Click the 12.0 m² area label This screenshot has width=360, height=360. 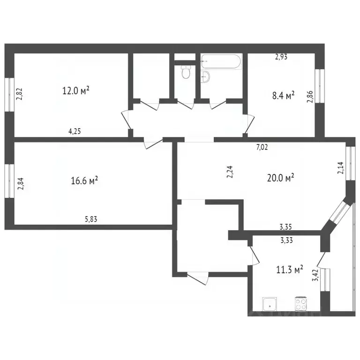tap(75, 90)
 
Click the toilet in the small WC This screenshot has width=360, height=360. tap(186, 73)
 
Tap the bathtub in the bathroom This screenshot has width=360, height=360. tap(221, 62)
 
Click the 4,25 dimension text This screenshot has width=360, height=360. tap(75, 131)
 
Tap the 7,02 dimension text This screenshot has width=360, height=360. tap(262, 147)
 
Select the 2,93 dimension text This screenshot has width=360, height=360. tap(281, 57)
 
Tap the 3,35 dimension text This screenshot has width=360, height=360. tap(286, 227)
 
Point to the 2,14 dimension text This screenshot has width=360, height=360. tap(340, 168)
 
